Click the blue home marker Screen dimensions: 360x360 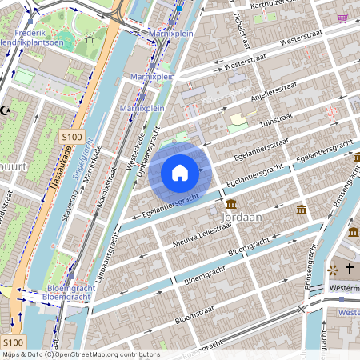click(180, 172)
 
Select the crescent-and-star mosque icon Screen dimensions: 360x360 click(6, 110)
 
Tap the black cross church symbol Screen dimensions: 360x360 click(350, 270)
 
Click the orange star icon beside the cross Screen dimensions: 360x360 click(332, 270)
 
